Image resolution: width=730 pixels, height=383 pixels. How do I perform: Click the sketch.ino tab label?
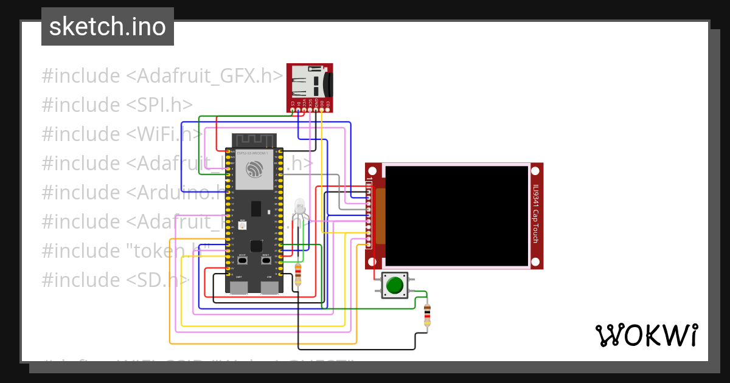[107, 27]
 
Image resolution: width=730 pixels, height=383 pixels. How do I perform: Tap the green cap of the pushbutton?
[395, 285]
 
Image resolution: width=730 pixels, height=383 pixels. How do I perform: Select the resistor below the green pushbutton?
[427, 314]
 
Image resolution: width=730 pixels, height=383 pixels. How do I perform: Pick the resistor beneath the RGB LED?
[297, 274]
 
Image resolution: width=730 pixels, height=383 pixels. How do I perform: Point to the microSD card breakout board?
[310, 87]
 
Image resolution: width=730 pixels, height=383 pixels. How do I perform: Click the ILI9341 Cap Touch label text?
[535, 213]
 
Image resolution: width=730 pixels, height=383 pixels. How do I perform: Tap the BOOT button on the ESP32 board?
[242, 260]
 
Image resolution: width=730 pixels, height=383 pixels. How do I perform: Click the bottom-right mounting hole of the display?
[535, 262]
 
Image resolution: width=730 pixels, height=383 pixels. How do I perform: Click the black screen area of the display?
[456, 216]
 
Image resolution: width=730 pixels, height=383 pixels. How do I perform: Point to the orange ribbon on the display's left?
[381, 216]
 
